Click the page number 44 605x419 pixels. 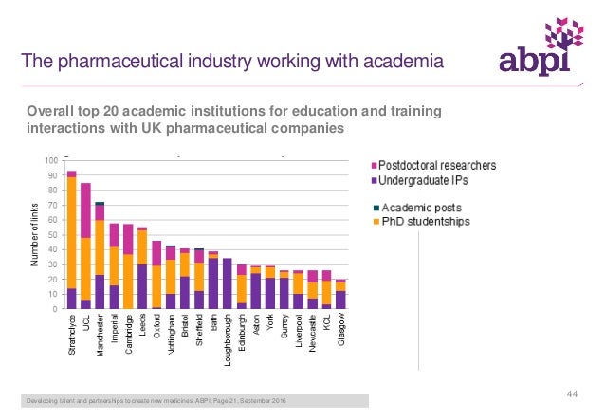coord(572,393)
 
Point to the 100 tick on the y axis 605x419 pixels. coord(48,161)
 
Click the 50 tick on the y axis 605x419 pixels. coord(50,235)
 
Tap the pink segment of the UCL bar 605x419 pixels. coord(85,209)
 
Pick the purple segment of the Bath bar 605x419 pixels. coord(212,282)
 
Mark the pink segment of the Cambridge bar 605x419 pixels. coord(128,239)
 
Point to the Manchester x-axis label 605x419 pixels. coord(101,337)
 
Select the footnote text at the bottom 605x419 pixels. coord(156,404)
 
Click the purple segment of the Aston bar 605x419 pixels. coord(255,290)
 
